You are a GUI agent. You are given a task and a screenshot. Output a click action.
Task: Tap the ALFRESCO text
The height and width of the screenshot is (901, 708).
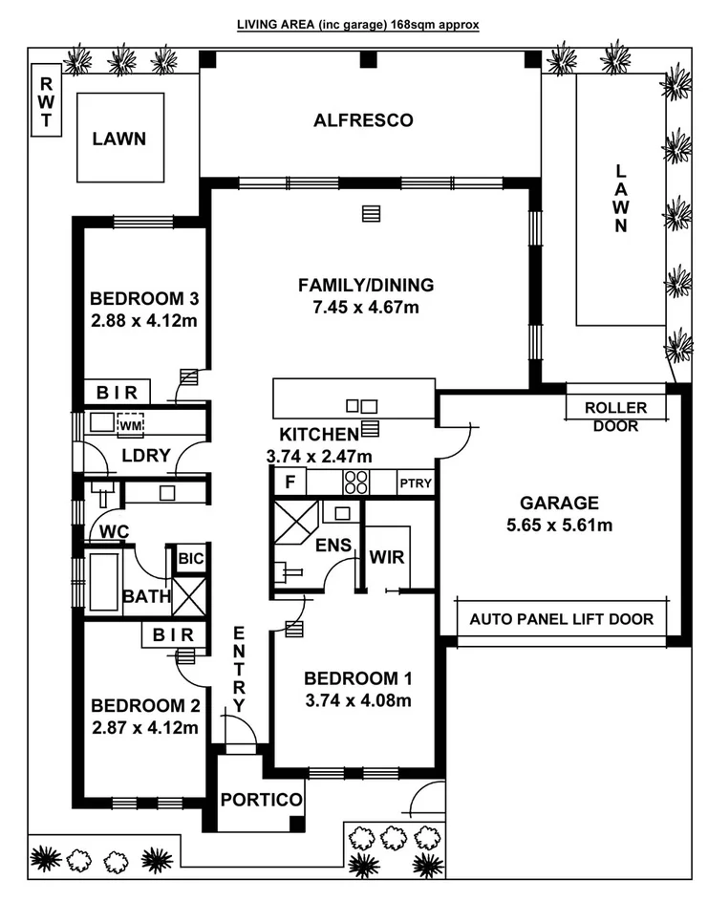pyautogui.click(x=363, y=120)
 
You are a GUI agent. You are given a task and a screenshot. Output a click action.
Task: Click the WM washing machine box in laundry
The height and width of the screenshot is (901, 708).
pyautogui.click(x=130, y=423)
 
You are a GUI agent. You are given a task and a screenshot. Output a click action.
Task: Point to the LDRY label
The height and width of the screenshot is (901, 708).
pyautogui.click(x=145, y=456)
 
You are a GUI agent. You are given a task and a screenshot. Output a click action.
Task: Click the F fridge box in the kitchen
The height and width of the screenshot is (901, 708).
pyautogui.click(x=290, y=483)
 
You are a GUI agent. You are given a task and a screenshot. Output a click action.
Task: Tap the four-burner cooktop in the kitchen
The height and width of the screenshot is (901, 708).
pyautogui.click(x=355, y=483)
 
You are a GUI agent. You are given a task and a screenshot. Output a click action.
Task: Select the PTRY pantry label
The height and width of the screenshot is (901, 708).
pyautogui.click(x=416, y=483)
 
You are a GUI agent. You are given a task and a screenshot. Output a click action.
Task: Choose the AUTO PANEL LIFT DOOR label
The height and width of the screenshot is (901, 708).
pyautogui.click(x=562, y=619)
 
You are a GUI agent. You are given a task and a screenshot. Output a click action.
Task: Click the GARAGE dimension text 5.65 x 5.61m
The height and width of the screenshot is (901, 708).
pyautogui.click(x=559, y=525)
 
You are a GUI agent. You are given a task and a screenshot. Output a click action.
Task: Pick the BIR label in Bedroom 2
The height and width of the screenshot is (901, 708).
pyautogui.click(x=173, y=634)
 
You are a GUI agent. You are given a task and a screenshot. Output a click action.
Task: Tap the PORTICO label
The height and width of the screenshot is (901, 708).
pyautogui.click(x=261, y=799)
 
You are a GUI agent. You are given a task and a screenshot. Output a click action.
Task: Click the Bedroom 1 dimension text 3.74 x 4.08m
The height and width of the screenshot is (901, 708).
pyautogui.click(x=357, y=700)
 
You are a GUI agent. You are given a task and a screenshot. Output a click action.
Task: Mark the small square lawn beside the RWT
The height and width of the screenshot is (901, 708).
pyautogui.click(x=119, y=138)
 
